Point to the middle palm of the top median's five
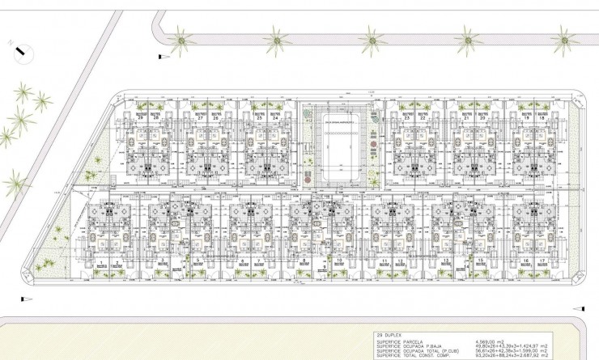click(372, 38)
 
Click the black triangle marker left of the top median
click(161, 54)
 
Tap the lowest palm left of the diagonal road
click(14, 183)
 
